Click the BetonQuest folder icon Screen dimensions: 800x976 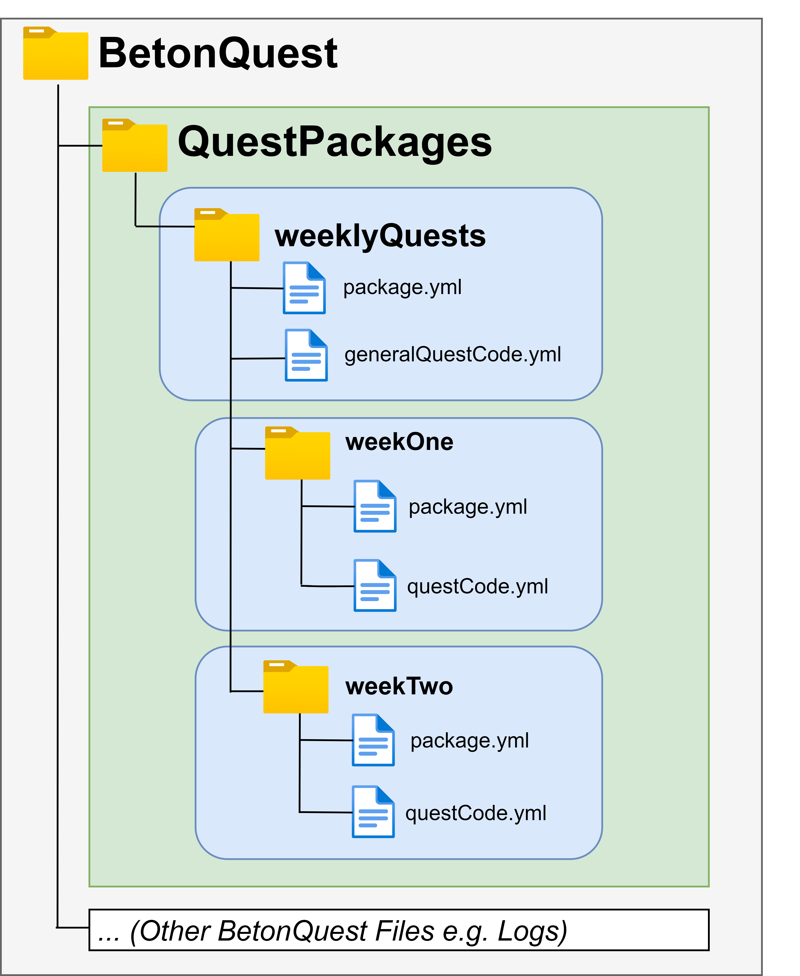point(56,53)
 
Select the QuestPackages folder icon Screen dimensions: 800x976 point(135,145)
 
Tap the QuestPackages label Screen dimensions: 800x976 point(335,142)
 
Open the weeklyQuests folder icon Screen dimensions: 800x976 point(227,235)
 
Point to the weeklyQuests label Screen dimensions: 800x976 point(380,236)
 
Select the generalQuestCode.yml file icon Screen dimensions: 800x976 point(306,355)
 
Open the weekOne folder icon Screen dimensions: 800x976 point(298,453)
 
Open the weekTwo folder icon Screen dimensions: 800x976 point(296,687)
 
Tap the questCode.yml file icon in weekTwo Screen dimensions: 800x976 point(373,812)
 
